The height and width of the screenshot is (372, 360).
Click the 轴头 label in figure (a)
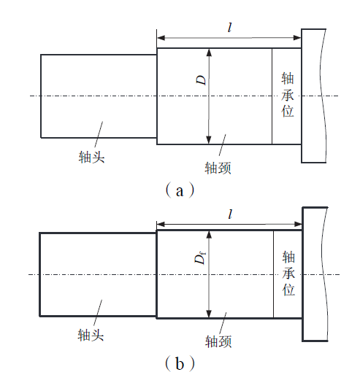(x=91, y=157)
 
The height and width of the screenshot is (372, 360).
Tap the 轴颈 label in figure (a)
(x=218, y=168)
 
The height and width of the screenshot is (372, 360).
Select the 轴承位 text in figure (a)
(x=288, y=95)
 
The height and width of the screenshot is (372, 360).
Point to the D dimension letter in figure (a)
(x=202, y=80)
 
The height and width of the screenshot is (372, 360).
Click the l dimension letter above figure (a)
(x=229, y=27)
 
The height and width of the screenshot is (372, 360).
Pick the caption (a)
(x=180, y=191)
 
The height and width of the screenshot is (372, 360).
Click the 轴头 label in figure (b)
(x=91, y=335)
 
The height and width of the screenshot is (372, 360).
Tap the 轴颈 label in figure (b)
(x=218, y=341)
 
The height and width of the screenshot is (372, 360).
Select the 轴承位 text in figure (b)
(x=288, y=274)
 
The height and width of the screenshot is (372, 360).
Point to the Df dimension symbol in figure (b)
(x=200, y=258)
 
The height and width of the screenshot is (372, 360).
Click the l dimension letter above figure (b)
(x=230, y=214)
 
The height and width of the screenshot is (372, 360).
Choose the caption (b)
(x=180, y=364)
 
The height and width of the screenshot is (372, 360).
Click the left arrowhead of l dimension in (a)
(x=161, y=38)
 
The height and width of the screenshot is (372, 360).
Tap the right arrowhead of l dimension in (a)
(x=297, y=38)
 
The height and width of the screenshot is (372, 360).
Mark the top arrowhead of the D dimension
(x=209, y=53)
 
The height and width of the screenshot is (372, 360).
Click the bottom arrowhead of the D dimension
(x=209, y=140)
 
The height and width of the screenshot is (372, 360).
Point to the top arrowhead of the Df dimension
(x=209, y=235)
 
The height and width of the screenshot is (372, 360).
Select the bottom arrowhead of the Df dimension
(x=209, y=314)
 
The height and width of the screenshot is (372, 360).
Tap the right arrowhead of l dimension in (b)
(x=298, y=224)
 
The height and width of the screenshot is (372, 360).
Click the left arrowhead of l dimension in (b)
(x=161, y=224)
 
